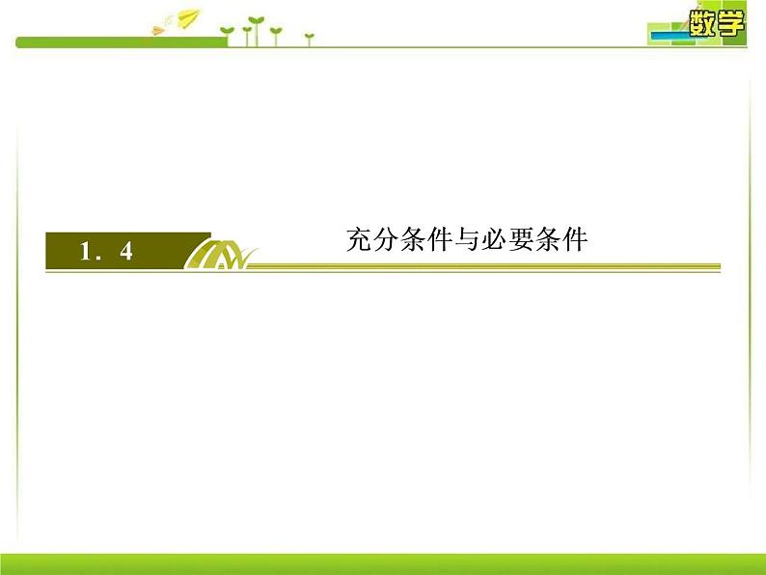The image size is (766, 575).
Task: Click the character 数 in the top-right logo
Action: click(x=706, y=21)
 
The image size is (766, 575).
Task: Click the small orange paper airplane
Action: click(x=157, y=31)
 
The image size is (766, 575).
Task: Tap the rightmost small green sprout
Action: click(x=309, y=39)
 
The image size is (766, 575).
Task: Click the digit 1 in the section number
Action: click(x=85, y=253)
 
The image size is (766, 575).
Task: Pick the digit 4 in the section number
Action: click(x=125, y=253)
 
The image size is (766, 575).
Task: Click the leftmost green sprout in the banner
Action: click(x=228, y=35)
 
